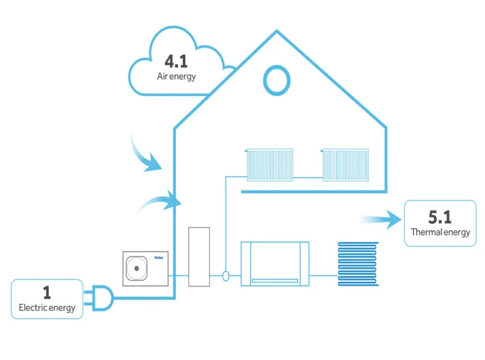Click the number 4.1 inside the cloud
(x=176, y=62)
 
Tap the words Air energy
(x=176, y=76)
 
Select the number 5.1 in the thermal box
(x=440, y=217)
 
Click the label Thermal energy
(x=441, y=232)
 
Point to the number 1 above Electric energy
(x=47, y=292)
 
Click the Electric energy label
(x=47, y=308)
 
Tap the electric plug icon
(x=99, y=298)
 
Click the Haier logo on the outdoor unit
(x=159, y=257)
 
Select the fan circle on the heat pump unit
(x=136, y=268)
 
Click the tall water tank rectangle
(x=199, y=257)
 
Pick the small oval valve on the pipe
(x=226, y=276)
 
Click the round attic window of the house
(x=277, y=81)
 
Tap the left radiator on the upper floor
(x=270, y=165)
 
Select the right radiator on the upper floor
(x=345, y=165)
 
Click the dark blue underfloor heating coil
(x=358, y=264)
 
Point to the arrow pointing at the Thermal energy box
(x=381, y=220)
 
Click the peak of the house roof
(x=277, y=30)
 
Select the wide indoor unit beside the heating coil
(x=275, y=264)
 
